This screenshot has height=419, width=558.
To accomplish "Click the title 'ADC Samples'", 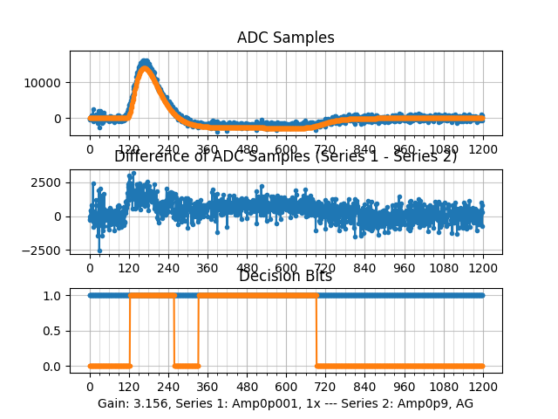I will (x=285, y=38).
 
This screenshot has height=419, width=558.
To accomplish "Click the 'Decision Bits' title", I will (x=285, y=276).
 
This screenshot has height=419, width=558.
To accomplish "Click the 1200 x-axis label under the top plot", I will (x=483, y=148).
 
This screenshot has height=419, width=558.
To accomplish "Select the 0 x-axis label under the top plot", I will (x=90, y=148).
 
